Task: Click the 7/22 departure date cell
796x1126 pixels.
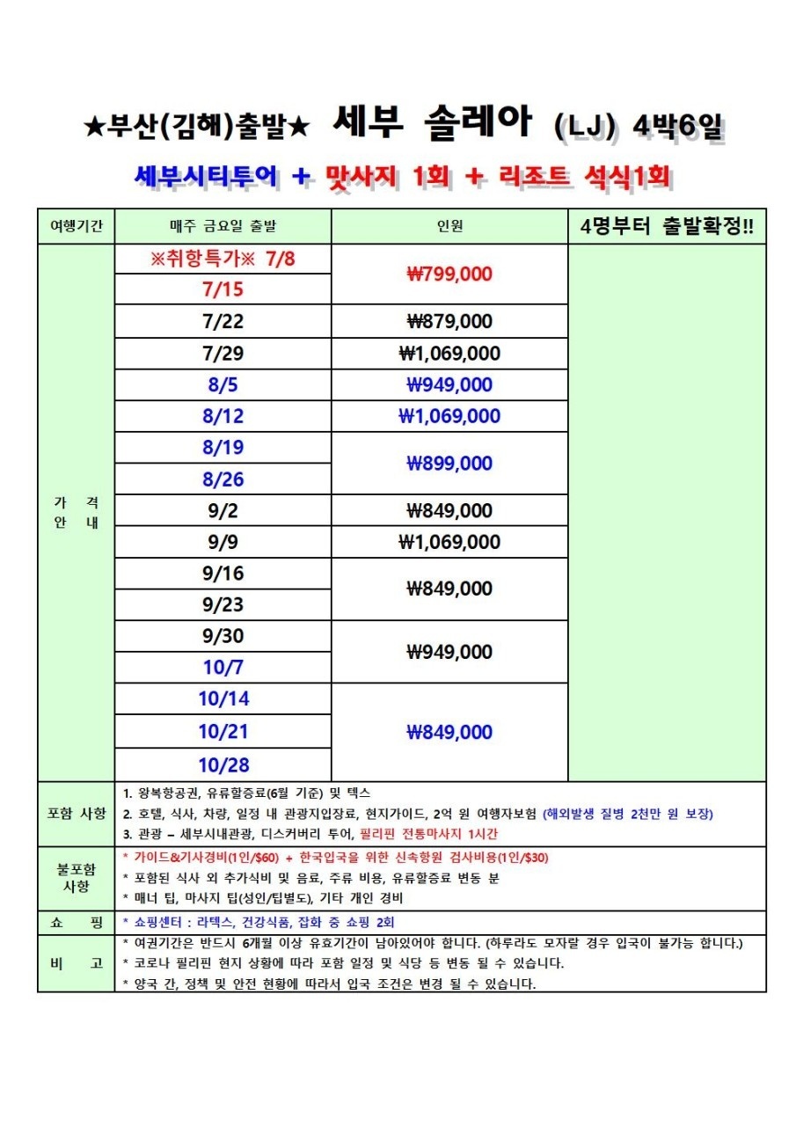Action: click(223, 321)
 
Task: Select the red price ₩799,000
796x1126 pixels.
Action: click(449, 274)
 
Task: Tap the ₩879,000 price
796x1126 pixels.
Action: click(449, 321)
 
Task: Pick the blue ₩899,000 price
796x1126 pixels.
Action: click(449, 464)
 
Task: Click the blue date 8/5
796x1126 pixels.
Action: click(223, 384)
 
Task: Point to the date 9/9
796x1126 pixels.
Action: click(223, 542)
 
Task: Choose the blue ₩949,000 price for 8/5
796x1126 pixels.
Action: click(449, 384)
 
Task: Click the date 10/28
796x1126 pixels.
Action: click(223, 764)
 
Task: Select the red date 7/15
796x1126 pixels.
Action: click(223, 289)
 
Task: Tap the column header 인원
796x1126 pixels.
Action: click(449, 227)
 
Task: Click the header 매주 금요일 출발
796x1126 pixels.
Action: click(223, 227)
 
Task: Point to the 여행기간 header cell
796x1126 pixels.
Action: click(76, 227)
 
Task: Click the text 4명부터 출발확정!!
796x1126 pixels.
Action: click(667, 227)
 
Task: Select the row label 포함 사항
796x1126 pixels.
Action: click(76, 813)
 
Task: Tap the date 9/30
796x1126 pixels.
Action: click(223, 636)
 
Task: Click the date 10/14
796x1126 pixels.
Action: click(223, 699)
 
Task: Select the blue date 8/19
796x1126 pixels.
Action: click(223, 448)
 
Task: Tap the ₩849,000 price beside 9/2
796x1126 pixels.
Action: click(449, 510)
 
